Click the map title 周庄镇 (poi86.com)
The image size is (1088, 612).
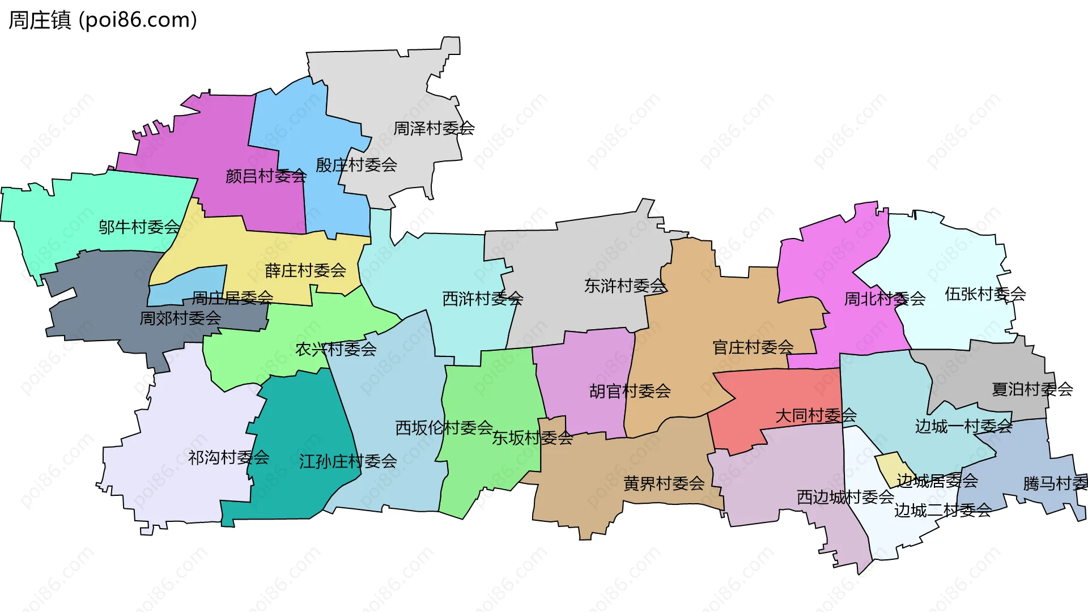(103, 20)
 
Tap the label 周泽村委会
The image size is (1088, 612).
(433, 129)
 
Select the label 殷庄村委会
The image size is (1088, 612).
(356, 165)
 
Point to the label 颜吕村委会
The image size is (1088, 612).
(266, 176)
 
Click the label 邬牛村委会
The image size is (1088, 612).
(139, 227)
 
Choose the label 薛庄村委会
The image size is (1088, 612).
(305, 270)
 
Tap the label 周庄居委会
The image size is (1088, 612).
(232, 297)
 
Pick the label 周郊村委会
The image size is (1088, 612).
(180, 318)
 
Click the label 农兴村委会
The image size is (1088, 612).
(335, 349)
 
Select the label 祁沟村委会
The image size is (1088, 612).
(228, 457)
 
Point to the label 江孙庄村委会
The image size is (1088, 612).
(348, 461)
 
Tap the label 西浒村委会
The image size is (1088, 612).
(482, 299)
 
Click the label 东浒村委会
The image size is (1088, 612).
(625, 286)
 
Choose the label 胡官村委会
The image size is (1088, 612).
(630, 391)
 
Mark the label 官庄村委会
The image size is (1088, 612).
(753, 347)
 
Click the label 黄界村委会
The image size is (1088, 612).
(664, 483)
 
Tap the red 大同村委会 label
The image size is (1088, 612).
(815, 416)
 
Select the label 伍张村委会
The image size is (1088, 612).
(985, 294)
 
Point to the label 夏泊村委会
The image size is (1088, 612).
(1032, 389)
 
